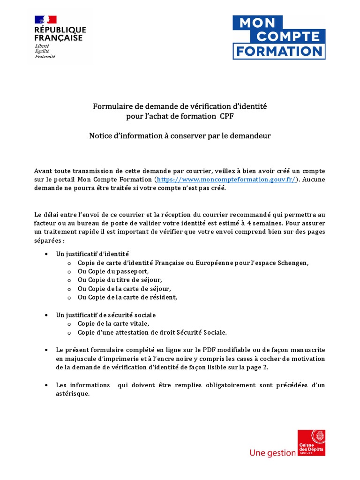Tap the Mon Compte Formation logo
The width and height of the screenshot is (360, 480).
click(279, 37)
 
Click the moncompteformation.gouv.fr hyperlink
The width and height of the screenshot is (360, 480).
click(227, 180)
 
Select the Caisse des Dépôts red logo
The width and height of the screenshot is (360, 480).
click(312, 442)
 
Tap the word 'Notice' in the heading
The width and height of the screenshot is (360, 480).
click(100, 136)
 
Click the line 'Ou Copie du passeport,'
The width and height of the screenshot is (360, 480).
click(113, 271)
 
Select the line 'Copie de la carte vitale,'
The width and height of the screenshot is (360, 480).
click(113, 323)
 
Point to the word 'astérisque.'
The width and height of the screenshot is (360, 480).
click(73, 394)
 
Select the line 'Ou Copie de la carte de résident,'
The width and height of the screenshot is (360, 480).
click(127, 297)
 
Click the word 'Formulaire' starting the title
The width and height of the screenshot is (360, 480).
click(112, 106)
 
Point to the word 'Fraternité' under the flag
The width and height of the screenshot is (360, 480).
click(45, 56)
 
